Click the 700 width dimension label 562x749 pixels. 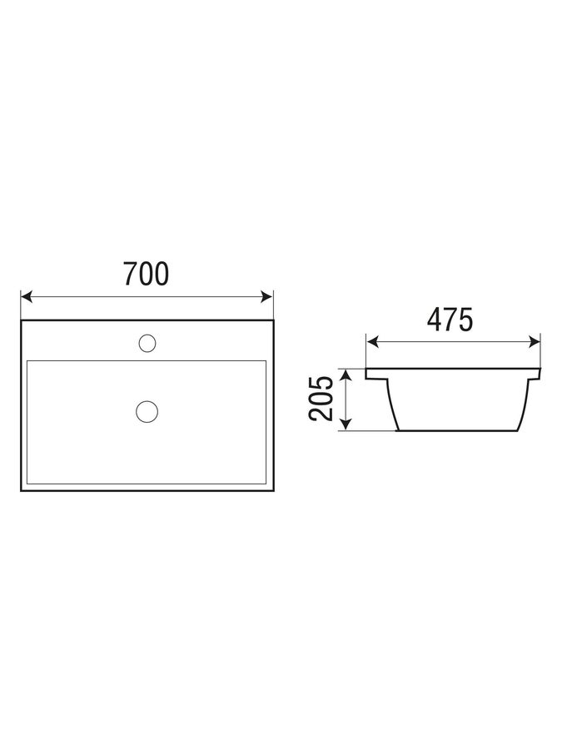[x=147, y=274]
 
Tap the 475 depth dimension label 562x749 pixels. [x=450, y=320]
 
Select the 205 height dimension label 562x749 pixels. [x=321, y=399]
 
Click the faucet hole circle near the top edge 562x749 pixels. [x=147, y=344]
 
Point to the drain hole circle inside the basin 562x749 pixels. [x=147, y=411]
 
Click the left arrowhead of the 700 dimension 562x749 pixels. [x=27, y=296]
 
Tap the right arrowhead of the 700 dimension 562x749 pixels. [x=267, y=296]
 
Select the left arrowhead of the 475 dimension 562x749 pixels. [x=372, y=341]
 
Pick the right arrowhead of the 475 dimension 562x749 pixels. [x=535, y=341]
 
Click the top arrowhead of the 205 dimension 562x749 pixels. [x=346, y=374]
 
